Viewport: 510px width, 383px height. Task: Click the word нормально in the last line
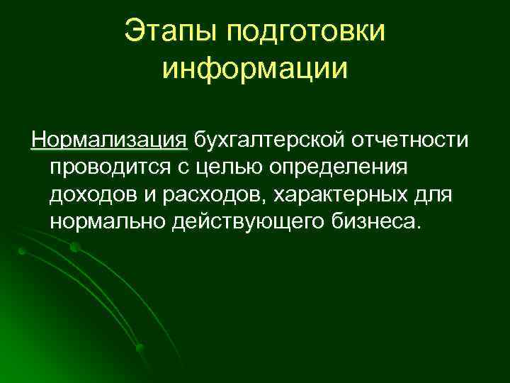107,222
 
